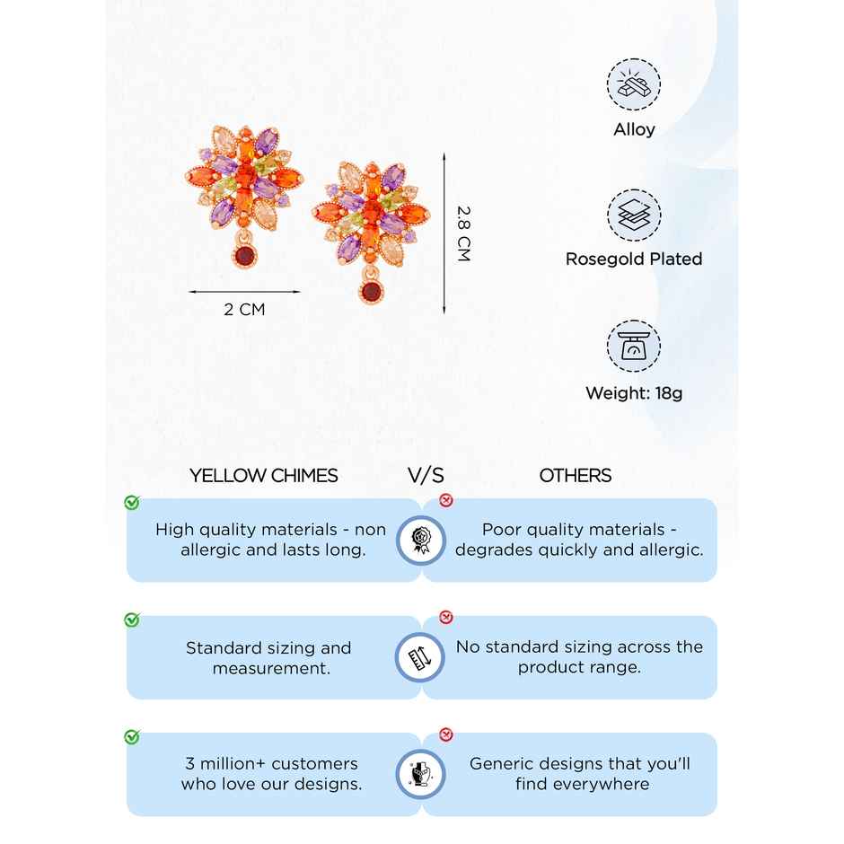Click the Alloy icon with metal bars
(x=634, y=84)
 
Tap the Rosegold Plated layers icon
(x=634, y=215)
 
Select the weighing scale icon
(x=634, y=346)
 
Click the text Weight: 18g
(x=634, y=393)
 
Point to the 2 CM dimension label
(x=244, y=310)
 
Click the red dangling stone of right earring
(x=371, y=291)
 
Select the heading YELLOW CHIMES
(x=264, y=476)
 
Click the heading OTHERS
(x=576, y=476)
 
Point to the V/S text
(x=426, y=476)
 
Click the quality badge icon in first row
(x=420, y=540)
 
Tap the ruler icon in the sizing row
(x=420, y=657)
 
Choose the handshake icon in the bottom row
(x=420, y=774)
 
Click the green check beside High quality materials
(x=132, y=502)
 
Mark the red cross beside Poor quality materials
(x=446, y=500)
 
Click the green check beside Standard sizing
(x=132, y=620)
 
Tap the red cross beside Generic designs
(x=446, y=735)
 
